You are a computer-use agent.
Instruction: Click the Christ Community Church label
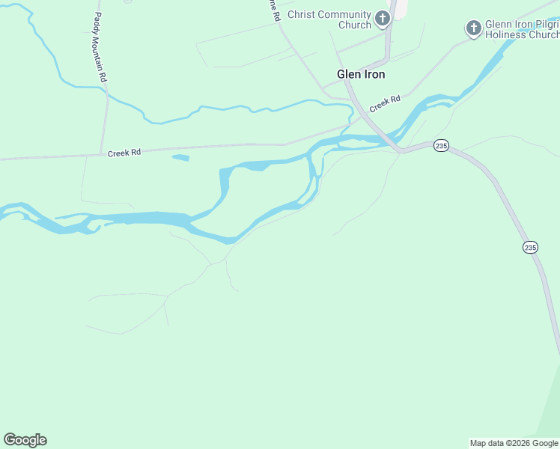click(334, 19)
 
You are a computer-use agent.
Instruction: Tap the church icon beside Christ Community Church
click(383, 18)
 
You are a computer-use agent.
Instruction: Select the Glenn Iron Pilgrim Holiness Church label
click(522, 29)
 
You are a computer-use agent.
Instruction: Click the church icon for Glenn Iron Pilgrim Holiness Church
click(473, 28)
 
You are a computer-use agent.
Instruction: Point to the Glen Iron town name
click(361, 74)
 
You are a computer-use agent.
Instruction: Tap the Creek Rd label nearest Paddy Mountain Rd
click(124, 153)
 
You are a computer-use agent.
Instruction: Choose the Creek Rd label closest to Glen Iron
click(385, 103)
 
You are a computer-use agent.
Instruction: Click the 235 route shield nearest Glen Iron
click(441, 146)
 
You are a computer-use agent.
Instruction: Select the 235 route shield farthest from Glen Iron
click(530, 247)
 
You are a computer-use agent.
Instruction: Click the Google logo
click(25, 440)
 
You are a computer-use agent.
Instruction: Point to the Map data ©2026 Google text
click(514, 443)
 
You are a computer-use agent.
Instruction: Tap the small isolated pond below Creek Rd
click(180, 157)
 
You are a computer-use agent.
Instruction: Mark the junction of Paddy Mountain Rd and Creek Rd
click(103, 154)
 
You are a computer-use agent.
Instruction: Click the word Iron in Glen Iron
click(373, 74)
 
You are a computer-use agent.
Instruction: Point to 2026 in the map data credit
click(517, 443)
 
